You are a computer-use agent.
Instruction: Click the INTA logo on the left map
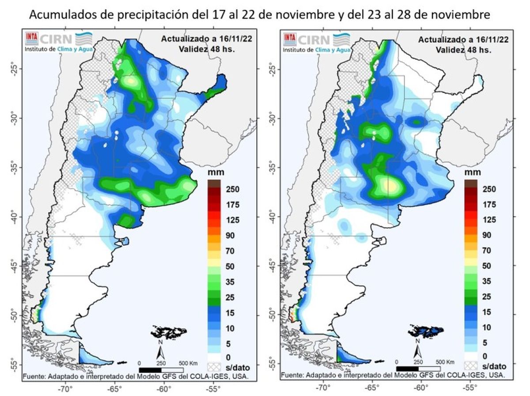click(31, 37)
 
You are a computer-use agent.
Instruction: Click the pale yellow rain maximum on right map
click(391, 186)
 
